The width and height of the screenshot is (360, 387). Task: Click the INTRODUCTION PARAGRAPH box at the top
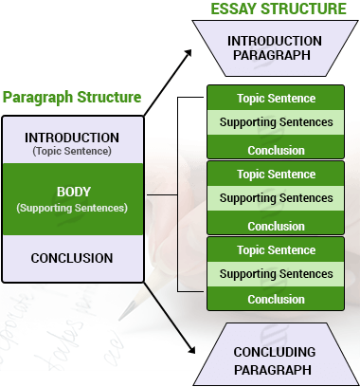click(x=276, y=47)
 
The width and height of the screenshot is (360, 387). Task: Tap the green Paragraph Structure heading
click(x=72, y=98)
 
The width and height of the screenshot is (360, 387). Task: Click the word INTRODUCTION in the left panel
click(x=72, y=138)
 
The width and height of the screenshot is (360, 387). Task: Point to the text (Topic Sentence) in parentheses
click(x=72, y=151)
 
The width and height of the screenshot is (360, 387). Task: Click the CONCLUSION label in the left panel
click(x=72, y=258)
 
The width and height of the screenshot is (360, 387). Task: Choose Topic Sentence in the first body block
click(x=276, y=98)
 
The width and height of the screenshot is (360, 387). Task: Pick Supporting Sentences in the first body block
click(x=276, y=122)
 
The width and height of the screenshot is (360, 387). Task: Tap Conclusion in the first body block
click(x=276, y=150)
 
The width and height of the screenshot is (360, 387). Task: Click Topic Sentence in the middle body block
click(x=276, y=174)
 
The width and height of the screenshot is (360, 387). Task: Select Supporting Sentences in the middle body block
click(x=276, y=198)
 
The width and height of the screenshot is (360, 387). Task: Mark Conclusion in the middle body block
click(x=276, y=227)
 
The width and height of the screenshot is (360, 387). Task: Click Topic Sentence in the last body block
click(x=276, y=250)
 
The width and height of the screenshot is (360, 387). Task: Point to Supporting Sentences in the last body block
click(x=276, y=274)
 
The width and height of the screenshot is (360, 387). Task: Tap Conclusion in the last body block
click(x=276, y=299)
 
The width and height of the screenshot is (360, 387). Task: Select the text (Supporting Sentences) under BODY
click(x=72, y=207)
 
